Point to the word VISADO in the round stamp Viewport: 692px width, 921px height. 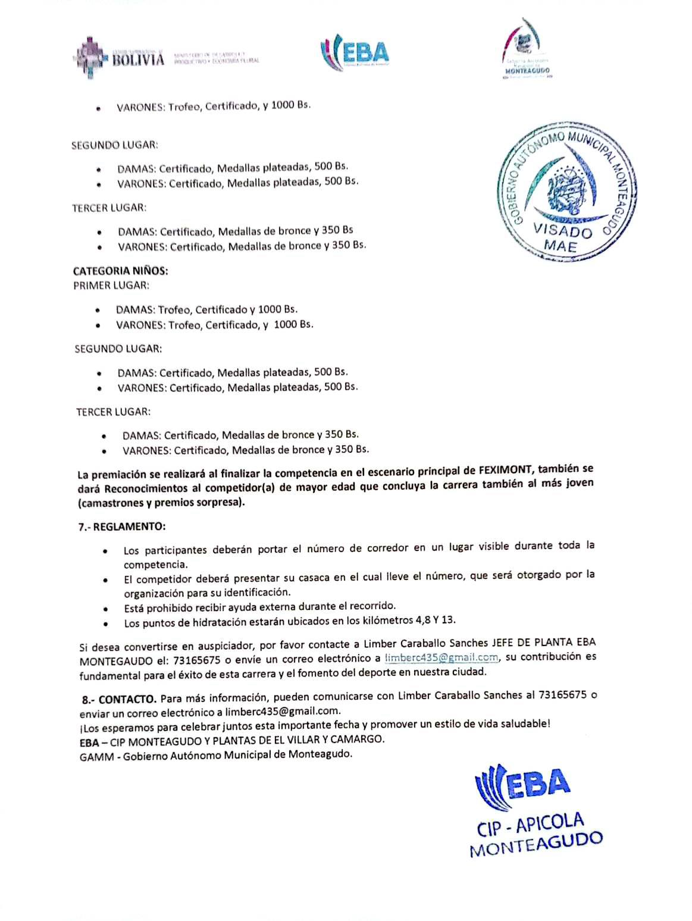(562, 231)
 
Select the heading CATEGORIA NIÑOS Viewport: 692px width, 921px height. (121, 271)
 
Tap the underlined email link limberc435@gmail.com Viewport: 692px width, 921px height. (441, 657)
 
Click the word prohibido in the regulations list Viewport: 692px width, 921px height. (169, 607)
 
